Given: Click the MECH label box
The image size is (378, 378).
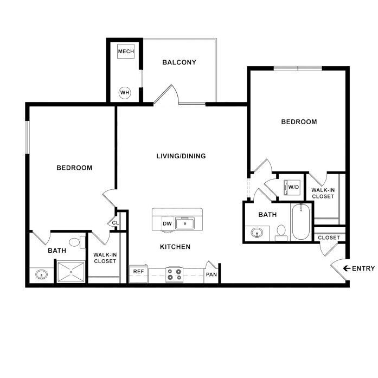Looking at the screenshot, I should pyautogui.click(x=125, y=52).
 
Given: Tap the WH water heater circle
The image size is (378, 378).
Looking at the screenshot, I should pyautogui.click(x=125, y=92).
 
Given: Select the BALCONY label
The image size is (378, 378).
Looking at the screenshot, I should pyautogui.click(x=179, y=62).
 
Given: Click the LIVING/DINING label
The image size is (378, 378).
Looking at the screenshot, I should pyautogui.click(x=181, y=156).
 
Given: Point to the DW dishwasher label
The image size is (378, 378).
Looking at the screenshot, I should pyautogui.click(x=166, y=223).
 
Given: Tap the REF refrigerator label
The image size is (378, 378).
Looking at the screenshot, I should pyautogui.click(x=138, y=271).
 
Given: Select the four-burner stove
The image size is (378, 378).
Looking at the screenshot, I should pyautogui.click(x=175, y=274).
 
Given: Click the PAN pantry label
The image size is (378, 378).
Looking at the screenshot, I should pyautogui.click(x=211, y=274).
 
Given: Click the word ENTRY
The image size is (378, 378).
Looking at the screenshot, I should pyautogui.click(x=363, y=268).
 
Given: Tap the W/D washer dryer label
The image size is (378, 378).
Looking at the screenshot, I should pyautogui.click(x=293, y=187).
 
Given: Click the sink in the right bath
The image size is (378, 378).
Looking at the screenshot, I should pyautogui.click(x=257, y=233).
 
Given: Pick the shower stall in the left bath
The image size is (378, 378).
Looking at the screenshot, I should pyautogui.click(x=70, y=271).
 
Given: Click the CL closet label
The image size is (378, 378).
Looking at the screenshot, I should pyautogui.click(x=115, y=222).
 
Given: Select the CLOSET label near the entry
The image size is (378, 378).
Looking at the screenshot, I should pyautogui.click(x=329, y=238).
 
